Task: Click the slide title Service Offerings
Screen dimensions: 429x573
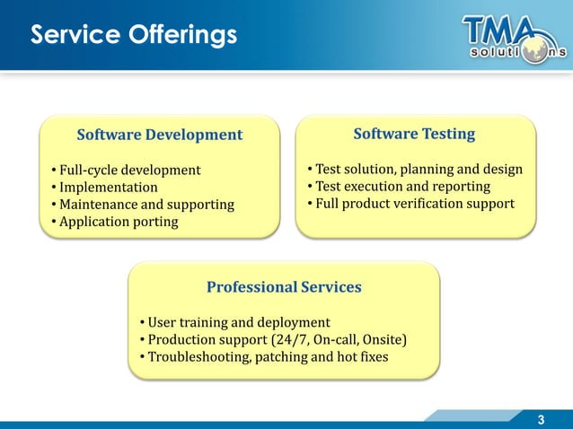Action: point(135,35)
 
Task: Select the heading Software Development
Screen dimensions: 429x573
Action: point(160,135)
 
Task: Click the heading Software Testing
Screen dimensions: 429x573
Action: point(414,134)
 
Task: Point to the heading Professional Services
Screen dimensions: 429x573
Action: point(284,287)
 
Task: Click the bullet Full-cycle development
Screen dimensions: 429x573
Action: point(127,170)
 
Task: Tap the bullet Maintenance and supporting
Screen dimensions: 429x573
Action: point(143,205)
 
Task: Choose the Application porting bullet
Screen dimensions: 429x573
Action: point(115,222)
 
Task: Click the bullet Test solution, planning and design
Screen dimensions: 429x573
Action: point(414,169)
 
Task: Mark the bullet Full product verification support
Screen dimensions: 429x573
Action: point(410,203)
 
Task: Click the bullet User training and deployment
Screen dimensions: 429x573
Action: point(235,322)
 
